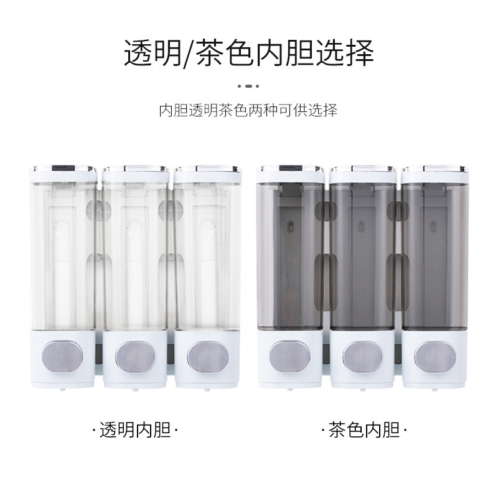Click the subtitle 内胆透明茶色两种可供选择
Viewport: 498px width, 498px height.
pyautogui.click(x=248, y=111)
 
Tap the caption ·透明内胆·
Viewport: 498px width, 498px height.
pyautogui.click(x=134, y=430)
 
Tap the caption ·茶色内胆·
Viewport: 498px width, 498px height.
pyautogui.click(x=364, y=430)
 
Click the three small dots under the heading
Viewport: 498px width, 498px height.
pyautogui.click(x=248, y=85)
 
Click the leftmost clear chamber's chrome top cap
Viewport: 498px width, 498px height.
pyautogui.click(x=63, y=169)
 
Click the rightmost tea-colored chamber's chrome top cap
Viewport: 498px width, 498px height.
pyautogui.click(x=434, y=169)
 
